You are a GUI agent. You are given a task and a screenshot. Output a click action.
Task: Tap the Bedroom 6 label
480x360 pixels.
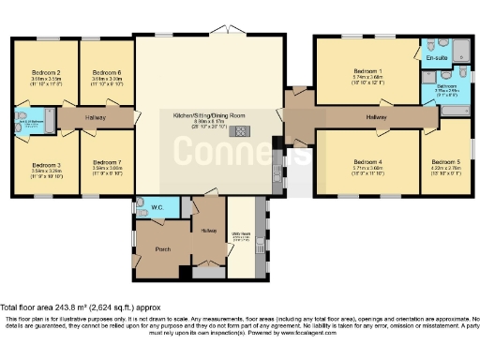point(106,72)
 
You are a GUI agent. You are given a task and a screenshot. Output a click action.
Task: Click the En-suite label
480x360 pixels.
point(437,58)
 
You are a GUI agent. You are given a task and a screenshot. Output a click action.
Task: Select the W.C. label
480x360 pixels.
point(157,205)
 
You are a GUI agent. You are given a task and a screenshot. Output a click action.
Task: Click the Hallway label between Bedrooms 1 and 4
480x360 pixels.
point(376,116)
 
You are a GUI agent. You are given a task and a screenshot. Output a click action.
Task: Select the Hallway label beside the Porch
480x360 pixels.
point(207,231)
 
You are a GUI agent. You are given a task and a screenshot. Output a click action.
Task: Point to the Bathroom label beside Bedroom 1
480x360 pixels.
point(444,86)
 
